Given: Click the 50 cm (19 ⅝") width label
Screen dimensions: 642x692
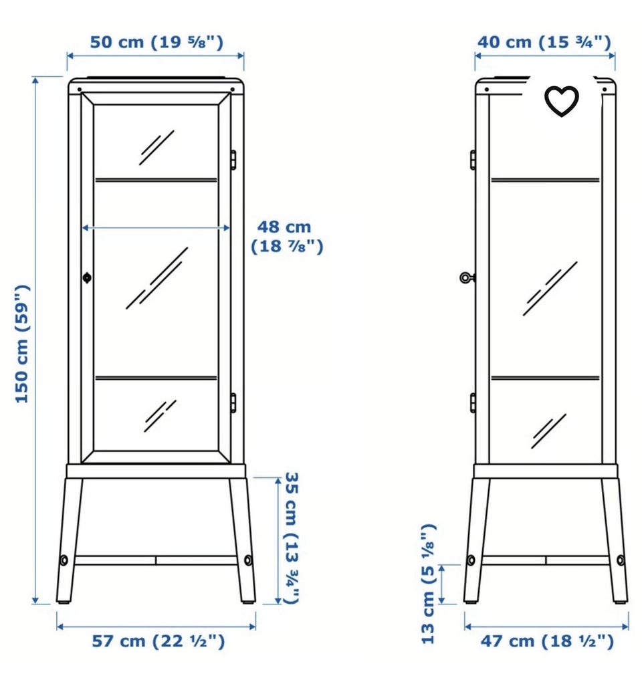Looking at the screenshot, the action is (x=156, y=42).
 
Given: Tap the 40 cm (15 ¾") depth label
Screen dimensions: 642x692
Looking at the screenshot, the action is (x=544, y=42).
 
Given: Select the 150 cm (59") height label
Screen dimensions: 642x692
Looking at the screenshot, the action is (x=22, y=344).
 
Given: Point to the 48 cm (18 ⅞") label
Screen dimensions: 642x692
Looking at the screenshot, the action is (x=287, y=237).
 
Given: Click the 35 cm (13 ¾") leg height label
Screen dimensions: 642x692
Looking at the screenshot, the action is (x=292, y=538).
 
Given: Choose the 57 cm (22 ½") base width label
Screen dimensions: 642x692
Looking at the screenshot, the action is (x=158, y=641).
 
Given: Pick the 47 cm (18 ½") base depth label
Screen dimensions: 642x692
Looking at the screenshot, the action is (x=547, y=641).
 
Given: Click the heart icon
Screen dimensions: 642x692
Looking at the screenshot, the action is (x=561, y=101).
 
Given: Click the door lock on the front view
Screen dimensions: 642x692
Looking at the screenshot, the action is (x=87, y=277).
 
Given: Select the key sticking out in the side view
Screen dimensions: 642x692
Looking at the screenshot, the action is (x=467, y=277).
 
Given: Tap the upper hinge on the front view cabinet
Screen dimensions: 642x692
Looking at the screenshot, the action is (x=233, y=159).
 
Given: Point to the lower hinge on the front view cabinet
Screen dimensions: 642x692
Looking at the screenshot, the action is (x=233, y=403).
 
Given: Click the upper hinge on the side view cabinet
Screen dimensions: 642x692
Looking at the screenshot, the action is (x=473, y=159).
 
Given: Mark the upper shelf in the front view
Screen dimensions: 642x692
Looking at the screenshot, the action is (x=156, y=180).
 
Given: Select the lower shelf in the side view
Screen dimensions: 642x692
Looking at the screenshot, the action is (x=545, y=378).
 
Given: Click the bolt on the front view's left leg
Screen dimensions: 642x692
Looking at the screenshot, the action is (x=64, y=560).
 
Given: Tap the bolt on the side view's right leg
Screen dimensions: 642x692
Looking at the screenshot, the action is (x=621, y=560).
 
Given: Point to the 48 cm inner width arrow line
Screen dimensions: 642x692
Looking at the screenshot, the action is (x=156, y=228).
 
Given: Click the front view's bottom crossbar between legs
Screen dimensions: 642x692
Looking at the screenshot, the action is (x=156, y=560).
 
